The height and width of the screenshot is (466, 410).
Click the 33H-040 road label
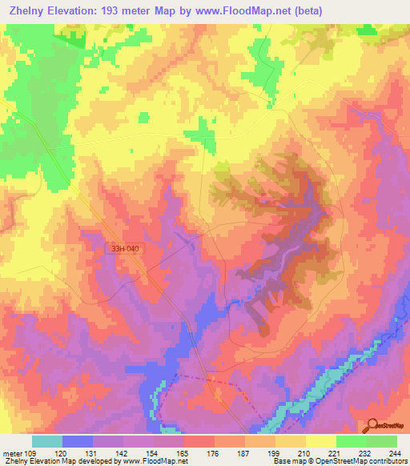tap(127, 249)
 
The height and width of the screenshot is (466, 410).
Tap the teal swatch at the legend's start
tap(47, 441)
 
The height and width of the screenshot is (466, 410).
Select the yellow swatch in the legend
tap(320, 441)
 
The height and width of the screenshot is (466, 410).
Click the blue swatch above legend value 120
tap(78, 441)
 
